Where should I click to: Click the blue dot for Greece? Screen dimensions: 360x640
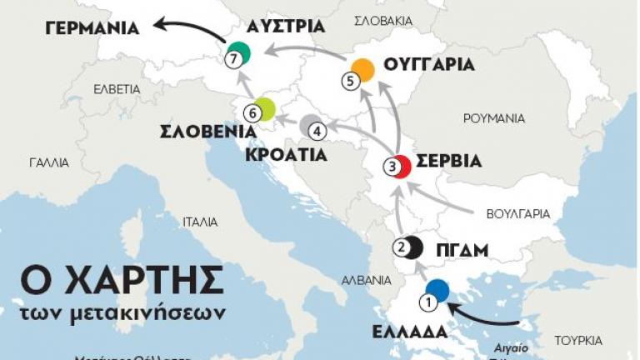[437, 291]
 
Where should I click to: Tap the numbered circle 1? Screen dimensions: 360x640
[428, 302]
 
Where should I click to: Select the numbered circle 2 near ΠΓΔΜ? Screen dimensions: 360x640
[401, 247]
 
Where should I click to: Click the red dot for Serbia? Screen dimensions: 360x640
[401, 167]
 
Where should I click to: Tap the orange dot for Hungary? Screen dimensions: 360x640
[362, 70]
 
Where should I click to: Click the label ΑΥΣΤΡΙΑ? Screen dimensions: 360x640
[286, 25]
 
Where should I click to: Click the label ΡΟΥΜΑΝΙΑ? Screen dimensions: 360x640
[493, 118]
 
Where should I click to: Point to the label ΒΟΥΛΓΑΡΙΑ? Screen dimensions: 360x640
[518, 213]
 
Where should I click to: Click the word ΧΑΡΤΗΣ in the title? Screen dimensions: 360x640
[144, 281]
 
